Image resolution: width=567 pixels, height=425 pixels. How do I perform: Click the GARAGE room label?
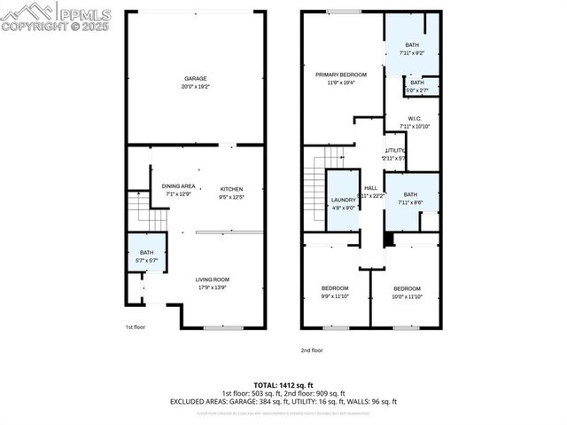(195, 79)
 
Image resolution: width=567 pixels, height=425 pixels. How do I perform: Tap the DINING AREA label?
(178, 185)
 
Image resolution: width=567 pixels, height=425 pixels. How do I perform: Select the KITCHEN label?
(231, 188)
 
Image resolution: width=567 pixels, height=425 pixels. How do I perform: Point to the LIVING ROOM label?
(213, 279)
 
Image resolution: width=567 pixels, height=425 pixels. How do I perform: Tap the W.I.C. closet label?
(414, 118)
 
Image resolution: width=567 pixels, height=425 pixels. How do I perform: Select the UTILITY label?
(394, 151)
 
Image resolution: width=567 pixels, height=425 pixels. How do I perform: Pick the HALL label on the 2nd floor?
(370, 188)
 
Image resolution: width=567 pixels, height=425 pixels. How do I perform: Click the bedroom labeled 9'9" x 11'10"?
(334, 288)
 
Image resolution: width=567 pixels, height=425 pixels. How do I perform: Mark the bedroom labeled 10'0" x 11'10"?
(407, 288)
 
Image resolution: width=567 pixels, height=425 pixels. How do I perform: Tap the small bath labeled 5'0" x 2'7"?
(416, 86)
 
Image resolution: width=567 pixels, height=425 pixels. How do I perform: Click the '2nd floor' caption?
(311, 350)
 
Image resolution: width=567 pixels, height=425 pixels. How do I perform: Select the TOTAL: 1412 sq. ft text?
(283, 384)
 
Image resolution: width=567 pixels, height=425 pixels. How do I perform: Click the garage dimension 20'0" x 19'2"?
(195, 87)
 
